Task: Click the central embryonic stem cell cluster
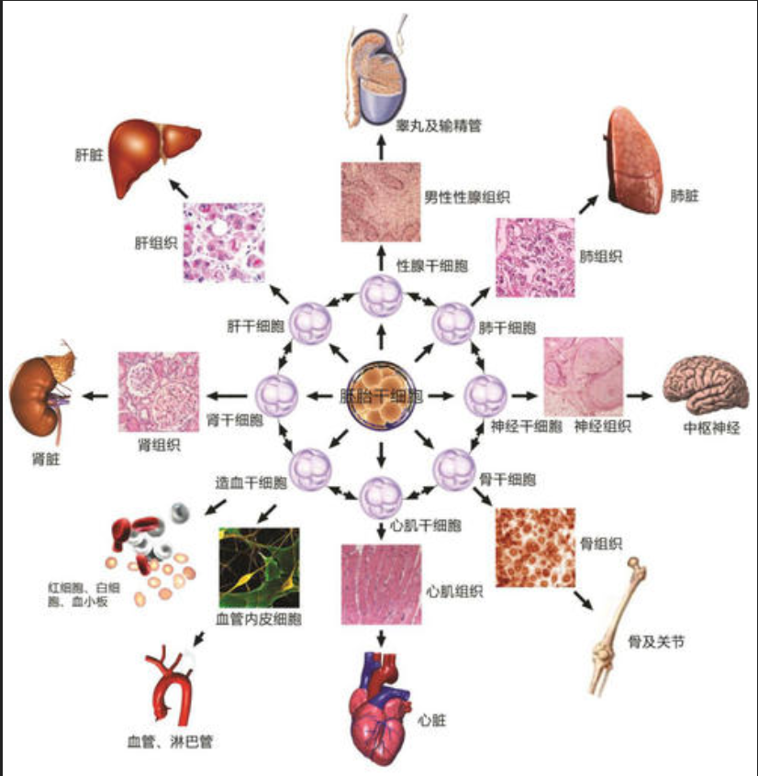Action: [x=378, y=395]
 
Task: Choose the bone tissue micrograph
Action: [x=535, y=548]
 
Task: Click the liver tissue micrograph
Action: [x=223, y=241]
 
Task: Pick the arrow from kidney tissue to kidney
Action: [x=95, y=396]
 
